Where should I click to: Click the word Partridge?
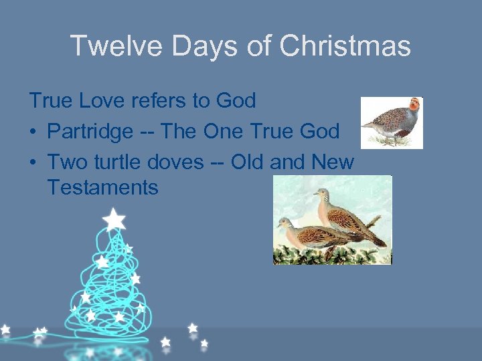click(x=90, y=131)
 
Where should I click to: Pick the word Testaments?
click(x=102, y=188)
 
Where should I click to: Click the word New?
click(x=332, y=161)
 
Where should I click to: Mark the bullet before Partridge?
click(x=33, y=132)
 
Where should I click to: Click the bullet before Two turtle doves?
click(x=33, y=162)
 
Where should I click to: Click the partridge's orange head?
click(x=415, y=104)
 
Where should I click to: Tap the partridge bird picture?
click(x=392, y=122)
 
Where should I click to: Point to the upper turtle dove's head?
click(x=321, y=195)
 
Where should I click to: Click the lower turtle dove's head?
click(x=285, y=224)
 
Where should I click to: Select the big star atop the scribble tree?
click(x=114, y=219)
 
